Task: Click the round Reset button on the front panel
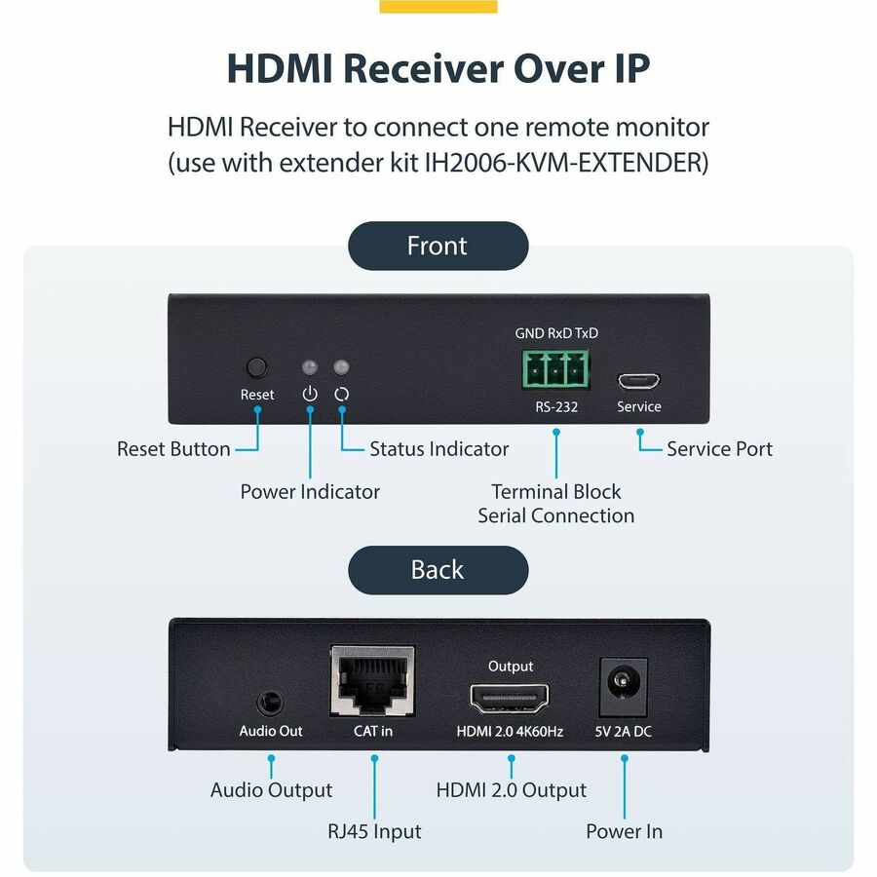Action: point(256,367)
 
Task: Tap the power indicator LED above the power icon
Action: point(310,368)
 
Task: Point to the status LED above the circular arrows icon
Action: point(341,368)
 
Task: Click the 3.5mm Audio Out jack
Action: point(271,702)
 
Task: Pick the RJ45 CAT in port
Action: point(372,683)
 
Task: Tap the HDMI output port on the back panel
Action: point(511,698)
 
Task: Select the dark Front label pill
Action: point(438,246)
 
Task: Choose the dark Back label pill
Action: point(438,570)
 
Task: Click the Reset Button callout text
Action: point(173,449)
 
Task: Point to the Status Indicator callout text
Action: point(438,449)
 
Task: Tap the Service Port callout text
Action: point(719,449)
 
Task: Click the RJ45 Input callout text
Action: point(375,831)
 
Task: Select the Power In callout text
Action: point(624,831)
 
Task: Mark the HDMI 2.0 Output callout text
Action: point(512,789)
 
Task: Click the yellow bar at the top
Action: point(438,6)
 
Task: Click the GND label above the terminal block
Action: point(529,333)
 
